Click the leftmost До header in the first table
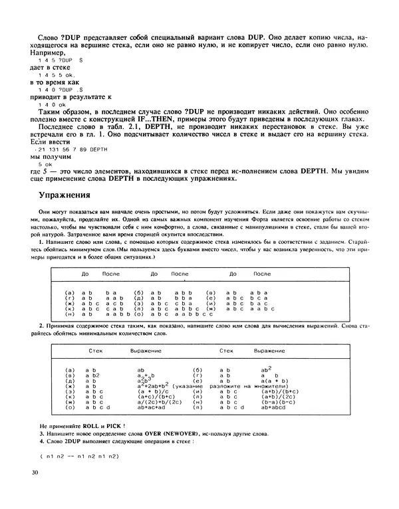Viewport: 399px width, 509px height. (x=85, y=274)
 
